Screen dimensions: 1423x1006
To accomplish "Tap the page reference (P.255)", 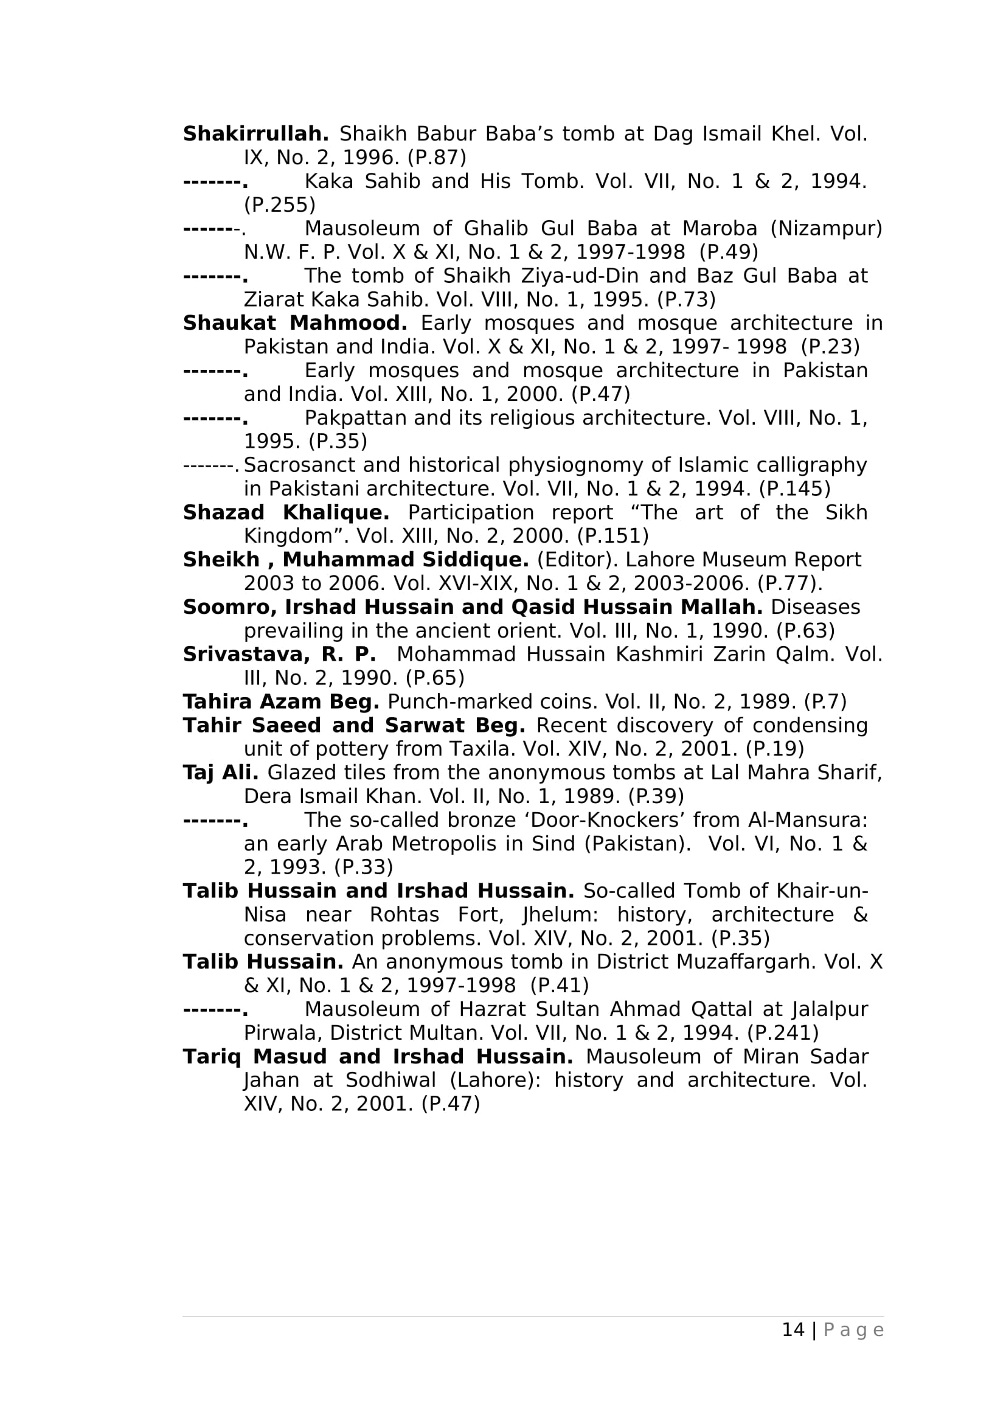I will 279,205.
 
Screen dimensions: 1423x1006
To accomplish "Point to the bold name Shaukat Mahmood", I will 295,324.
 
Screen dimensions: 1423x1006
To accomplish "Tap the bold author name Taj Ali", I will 221,773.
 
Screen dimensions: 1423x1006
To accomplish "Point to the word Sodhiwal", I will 391,1081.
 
